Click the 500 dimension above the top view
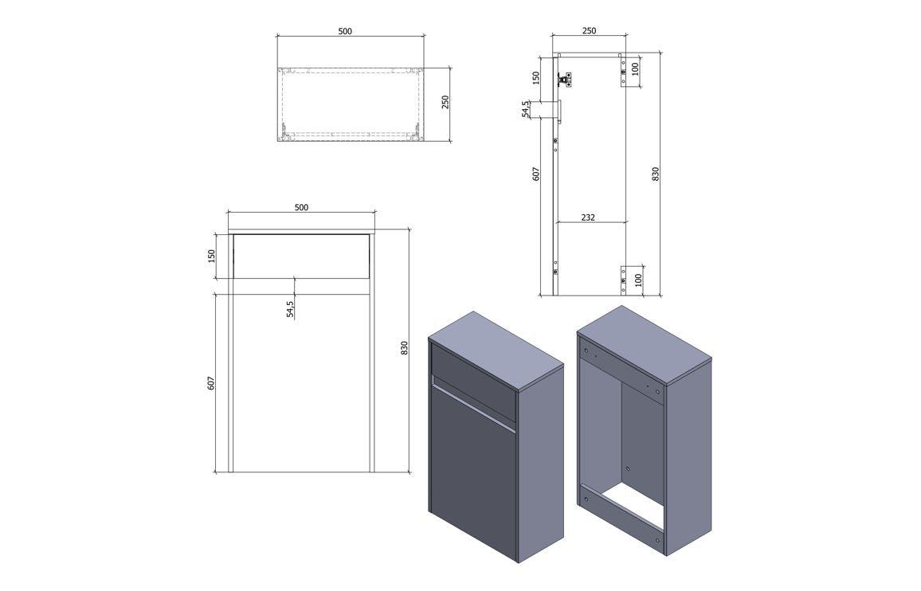[345, 31]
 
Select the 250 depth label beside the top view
[446, 102]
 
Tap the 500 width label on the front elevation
[301, 207]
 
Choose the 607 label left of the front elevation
[212, 383]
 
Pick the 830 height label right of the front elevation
[404, 348]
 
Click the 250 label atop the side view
[589, 31]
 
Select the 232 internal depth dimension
[588, 217]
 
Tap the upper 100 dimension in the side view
[637, 68]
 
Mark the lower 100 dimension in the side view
[637, 280]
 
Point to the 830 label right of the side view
[656, 173]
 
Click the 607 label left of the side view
[536, 173]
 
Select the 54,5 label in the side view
[525, 109]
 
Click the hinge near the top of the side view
[564, 79]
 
